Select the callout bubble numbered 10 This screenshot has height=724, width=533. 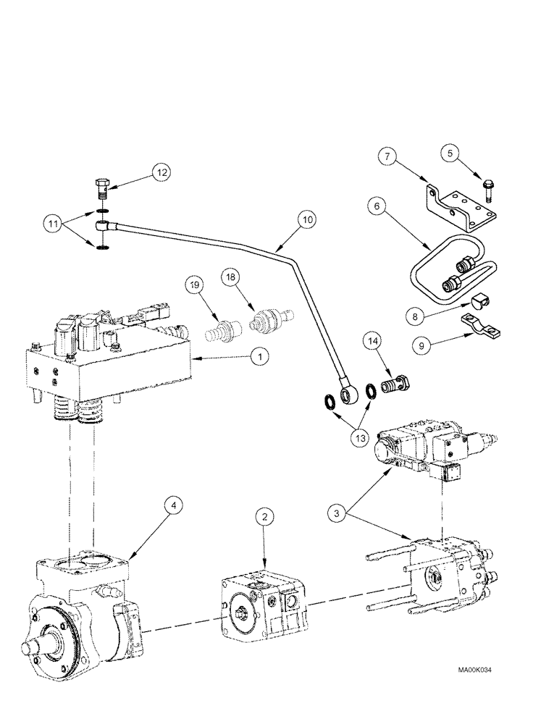306,219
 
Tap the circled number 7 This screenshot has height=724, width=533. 388,156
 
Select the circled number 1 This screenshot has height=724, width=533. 259,355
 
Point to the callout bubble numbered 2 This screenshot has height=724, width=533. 265,517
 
